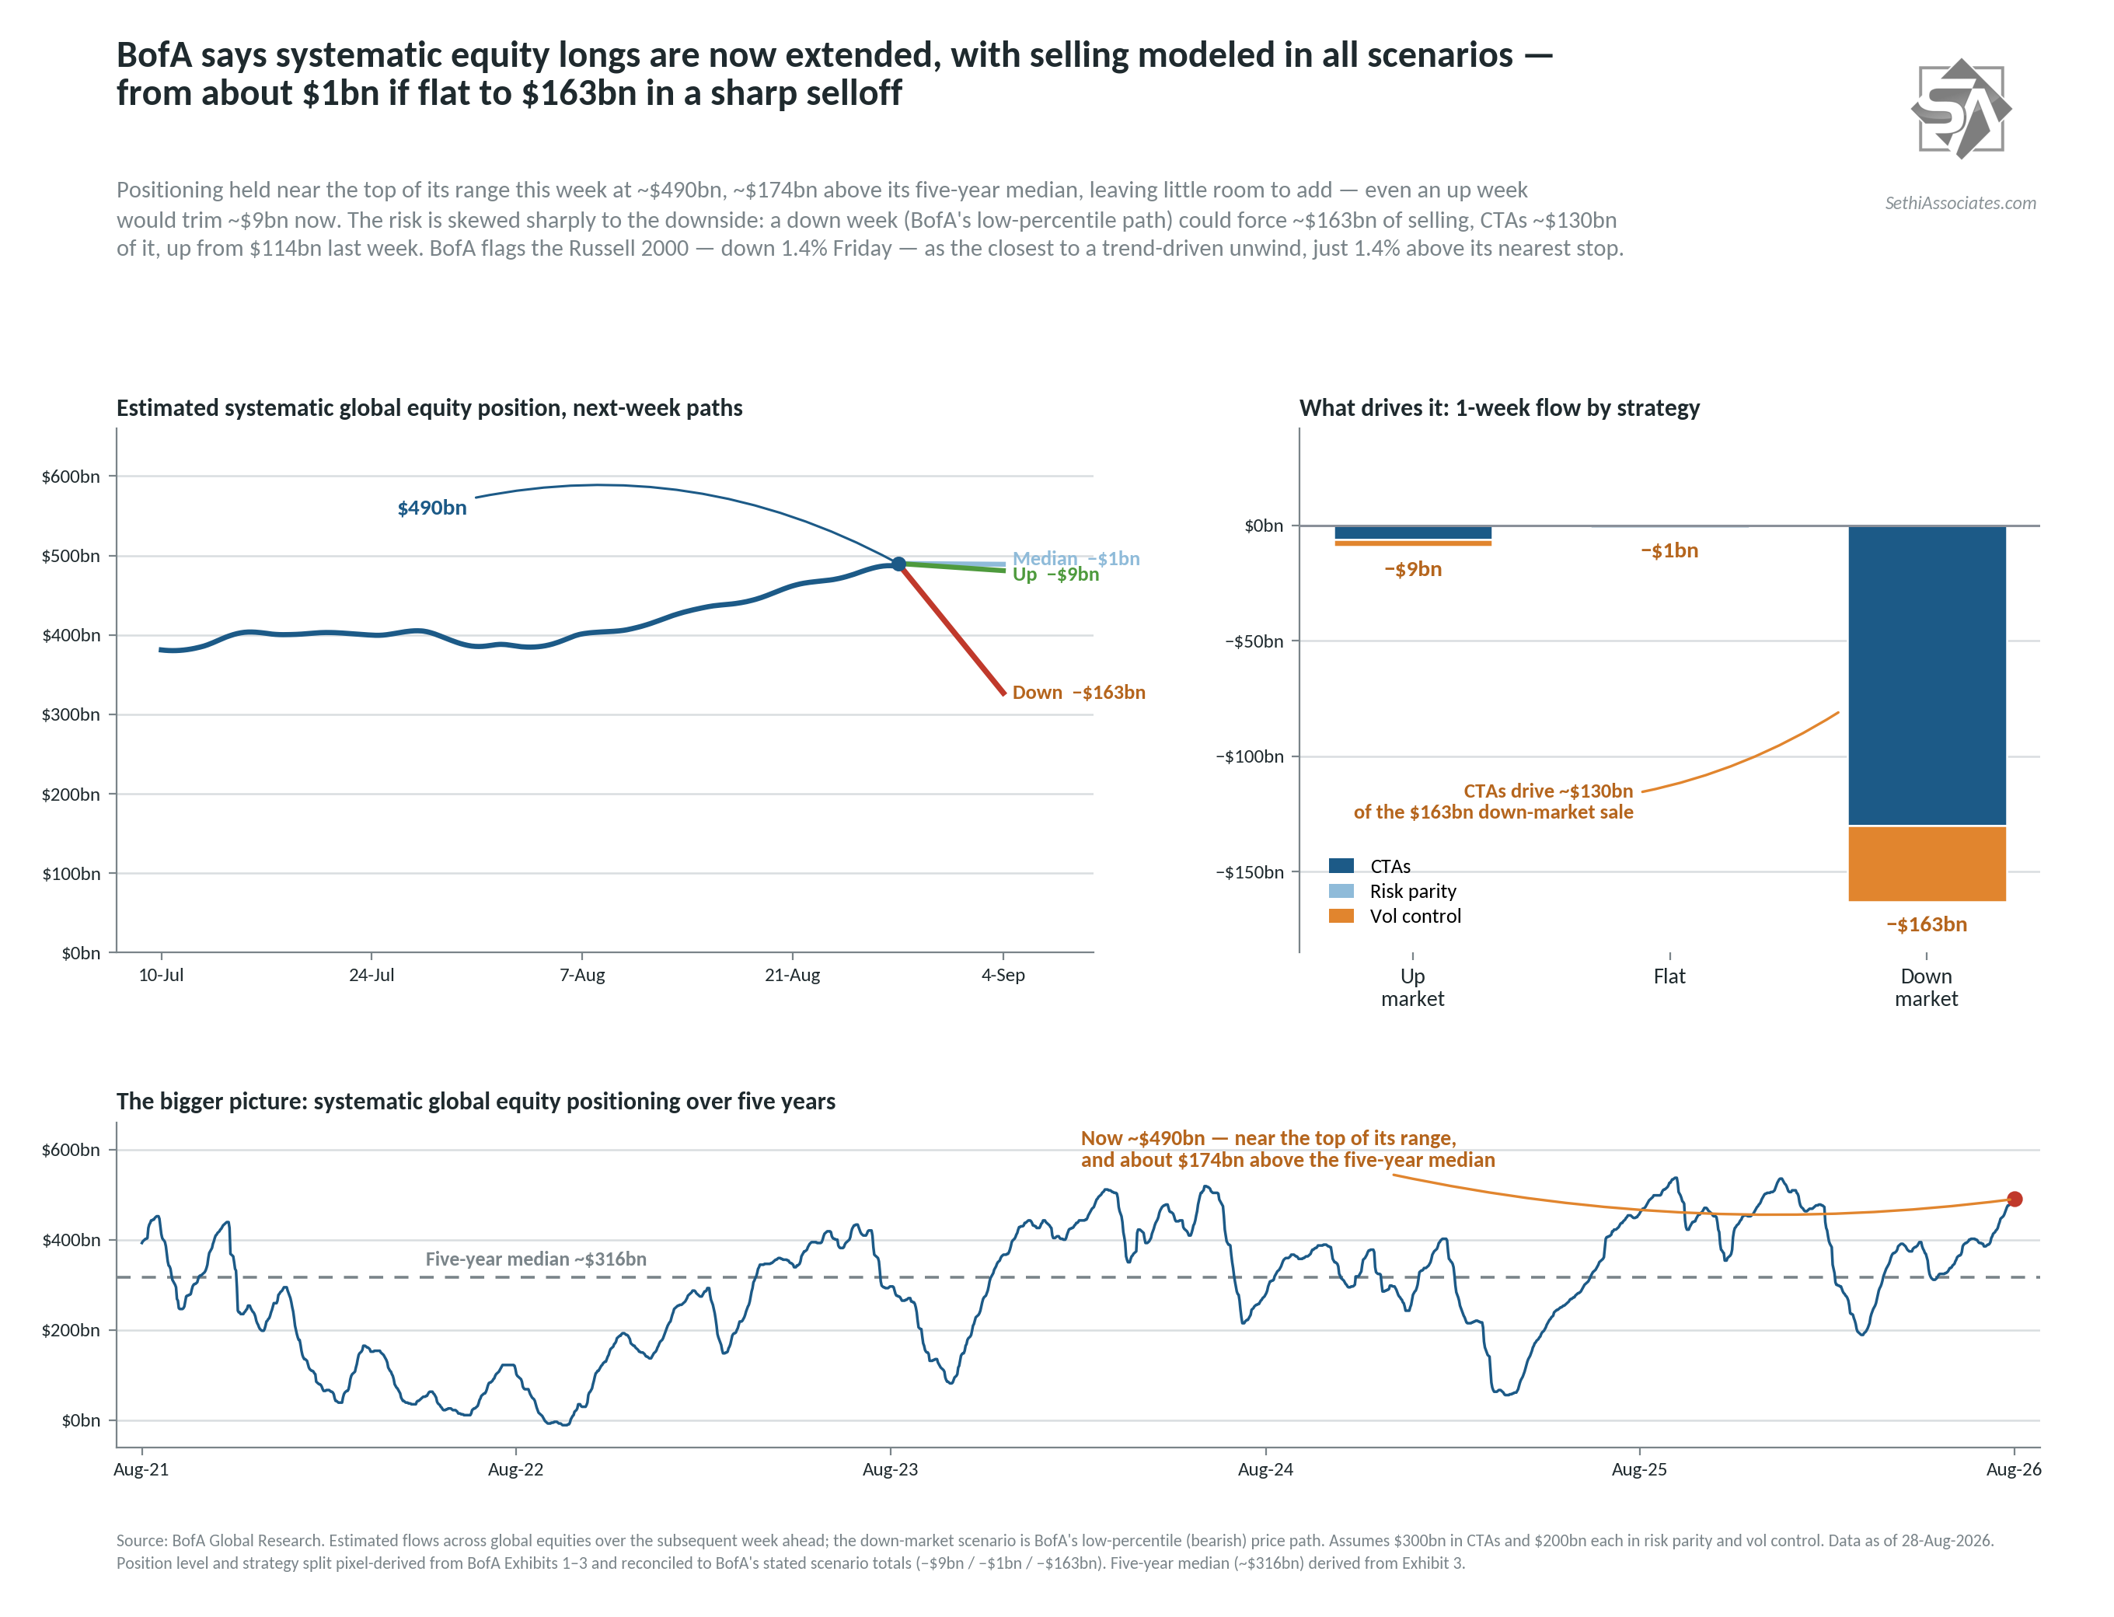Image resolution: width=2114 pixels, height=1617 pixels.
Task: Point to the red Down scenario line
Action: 951,628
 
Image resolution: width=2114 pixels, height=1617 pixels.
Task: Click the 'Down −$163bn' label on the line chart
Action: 1078,692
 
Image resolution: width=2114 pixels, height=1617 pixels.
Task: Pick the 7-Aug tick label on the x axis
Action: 581,974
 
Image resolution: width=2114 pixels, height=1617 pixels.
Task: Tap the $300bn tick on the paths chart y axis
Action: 70,714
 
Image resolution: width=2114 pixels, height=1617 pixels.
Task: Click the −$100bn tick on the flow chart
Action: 1249,756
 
